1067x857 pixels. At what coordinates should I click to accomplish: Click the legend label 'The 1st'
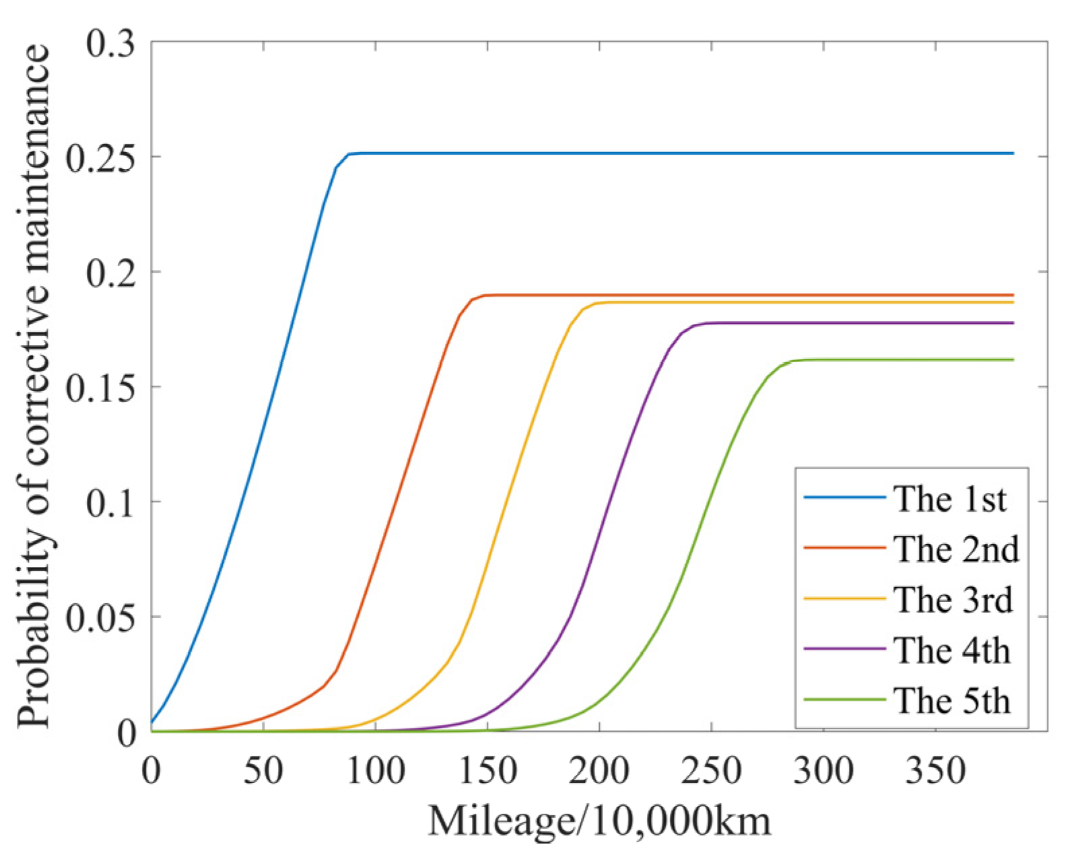click(950, 499)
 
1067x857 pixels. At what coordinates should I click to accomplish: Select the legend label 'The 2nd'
click(956, 549)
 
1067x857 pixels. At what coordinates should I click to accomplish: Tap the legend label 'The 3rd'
click(953, 599)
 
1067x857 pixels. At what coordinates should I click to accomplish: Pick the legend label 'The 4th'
click(953, 650)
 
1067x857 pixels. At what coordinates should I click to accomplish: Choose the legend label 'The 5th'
click(953, 701)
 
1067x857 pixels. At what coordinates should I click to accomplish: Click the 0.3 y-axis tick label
click(110, 42)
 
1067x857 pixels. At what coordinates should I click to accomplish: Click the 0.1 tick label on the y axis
click(110, 502)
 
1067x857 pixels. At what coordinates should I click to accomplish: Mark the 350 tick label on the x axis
click(935, 769)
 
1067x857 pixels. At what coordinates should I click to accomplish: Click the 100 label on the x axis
click(375, 769)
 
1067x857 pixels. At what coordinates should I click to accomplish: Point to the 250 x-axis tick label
click(711, 769)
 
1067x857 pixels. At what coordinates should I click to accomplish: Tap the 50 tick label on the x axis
click(263, 769)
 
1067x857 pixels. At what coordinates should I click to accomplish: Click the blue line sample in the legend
click(844, 498)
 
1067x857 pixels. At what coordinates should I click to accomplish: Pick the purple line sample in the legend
click(844, 649)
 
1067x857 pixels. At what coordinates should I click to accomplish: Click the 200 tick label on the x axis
click(599, 769)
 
